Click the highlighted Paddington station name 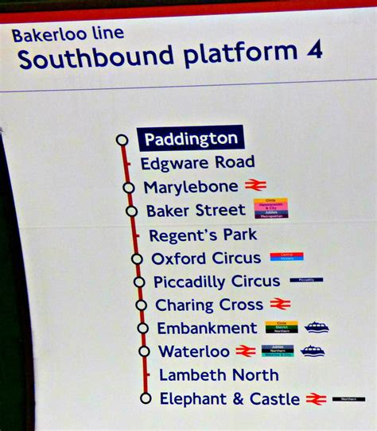pos(190,138)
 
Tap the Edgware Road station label pos(197,163)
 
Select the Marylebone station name pos(191,187)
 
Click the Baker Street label pos(196,211)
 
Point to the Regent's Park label pos(203,235)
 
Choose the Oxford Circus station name pos(206,258)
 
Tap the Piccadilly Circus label pos(216,282)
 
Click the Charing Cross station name pos(209,305)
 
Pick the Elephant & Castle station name pos(230,398)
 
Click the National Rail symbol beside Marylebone pos(255,185)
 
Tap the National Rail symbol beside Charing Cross pos(280,303)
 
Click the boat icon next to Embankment pos(317,327)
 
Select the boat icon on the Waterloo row pos(313,351)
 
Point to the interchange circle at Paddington pos(122,140)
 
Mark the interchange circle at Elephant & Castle pos(145,398)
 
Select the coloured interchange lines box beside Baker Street pos(271,208)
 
